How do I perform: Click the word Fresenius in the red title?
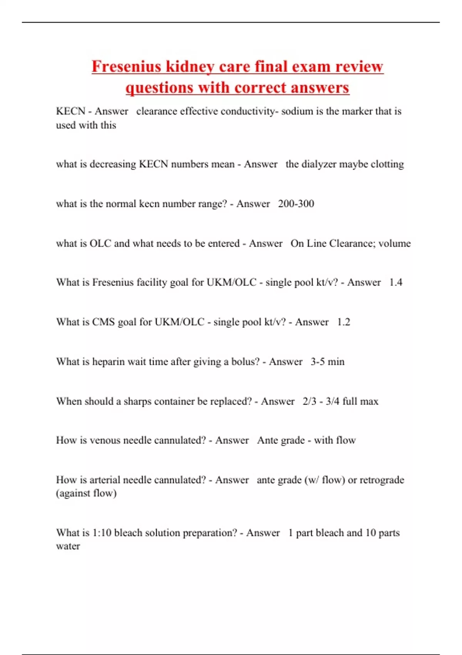click(x=127, y=67)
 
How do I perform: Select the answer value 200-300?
click(x=296, y=204)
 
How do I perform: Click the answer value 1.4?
click(x=395, y=282)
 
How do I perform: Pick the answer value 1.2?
click(x=343, y=322)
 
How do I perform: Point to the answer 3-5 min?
click(x=327, y=362)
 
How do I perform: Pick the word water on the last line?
click(x=68, y=546)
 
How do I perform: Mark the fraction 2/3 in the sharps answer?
click(x=309, y=401)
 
